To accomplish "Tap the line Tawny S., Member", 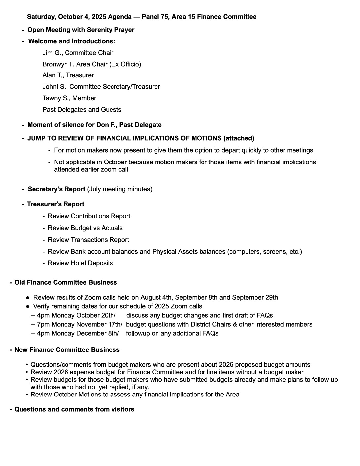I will point(69,98).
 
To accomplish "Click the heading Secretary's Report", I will point(57,189).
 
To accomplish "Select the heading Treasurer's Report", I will point(56,204).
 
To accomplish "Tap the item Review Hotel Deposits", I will point(80,263).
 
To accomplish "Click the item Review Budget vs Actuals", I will point(85,228).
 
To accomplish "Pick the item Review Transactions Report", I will point(88,240).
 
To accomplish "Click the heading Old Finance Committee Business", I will point(66,283).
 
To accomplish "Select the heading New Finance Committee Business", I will point(67,350).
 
